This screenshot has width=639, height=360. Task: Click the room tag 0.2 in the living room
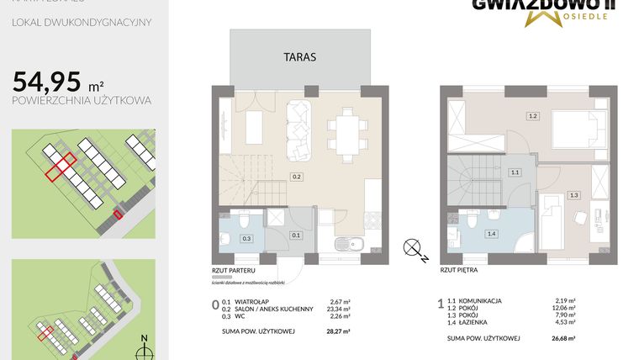297,177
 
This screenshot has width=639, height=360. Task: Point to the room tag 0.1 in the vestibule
295,236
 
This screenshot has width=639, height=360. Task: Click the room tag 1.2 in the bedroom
532,115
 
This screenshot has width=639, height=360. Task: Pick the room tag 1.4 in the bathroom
491,234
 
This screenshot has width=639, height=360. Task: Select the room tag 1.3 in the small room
574,195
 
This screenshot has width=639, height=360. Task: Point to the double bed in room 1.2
576,130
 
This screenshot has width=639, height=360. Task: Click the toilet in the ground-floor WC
241,221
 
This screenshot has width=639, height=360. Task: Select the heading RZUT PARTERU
233,271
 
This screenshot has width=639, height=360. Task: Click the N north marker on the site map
144,339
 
